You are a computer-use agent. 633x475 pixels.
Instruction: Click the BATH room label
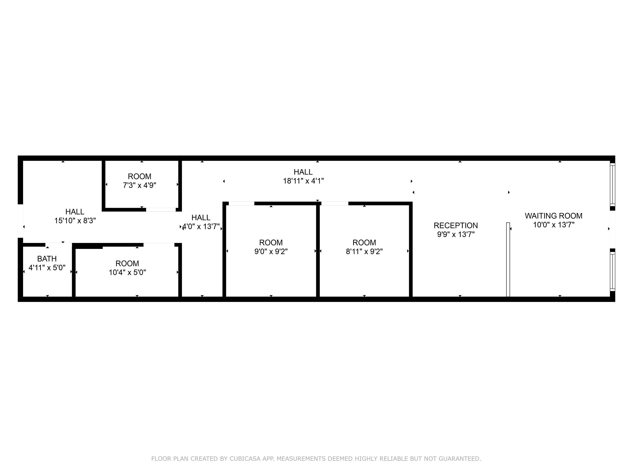coord(47,259)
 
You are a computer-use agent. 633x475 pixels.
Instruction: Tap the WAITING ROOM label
coord(553,216)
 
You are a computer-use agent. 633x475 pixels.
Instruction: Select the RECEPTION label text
coord(455,225)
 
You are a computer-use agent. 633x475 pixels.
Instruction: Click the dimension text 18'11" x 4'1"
coord(303,181)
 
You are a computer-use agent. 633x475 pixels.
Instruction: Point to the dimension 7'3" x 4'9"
coord(140,185)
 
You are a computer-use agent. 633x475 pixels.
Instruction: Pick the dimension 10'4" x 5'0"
coord(127,272)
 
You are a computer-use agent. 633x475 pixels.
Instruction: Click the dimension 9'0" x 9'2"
coord(271,251)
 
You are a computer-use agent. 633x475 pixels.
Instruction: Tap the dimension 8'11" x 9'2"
coord(364,251)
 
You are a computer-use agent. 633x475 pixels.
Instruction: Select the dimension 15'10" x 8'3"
coord(75,220)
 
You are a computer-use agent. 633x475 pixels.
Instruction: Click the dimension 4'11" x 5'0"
coord(47,267)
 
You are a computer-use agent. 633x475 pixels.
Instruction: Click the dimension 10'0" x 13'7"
coord(554,224)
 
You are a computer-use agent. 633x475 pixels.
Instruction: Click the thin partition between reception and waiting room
coord(508,259)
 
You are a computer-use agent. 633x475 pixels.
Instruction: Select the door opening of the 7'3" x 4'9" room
coord(161,209)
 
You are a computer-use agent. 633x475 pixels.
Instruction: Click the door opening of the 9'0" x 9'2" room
coord(242,204)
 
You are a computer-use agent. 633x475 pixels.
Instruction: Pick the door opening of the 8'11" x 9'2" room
coord(335,204)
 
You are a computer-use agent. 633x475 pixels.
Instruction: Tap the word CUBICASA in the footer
coord(245,458)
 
